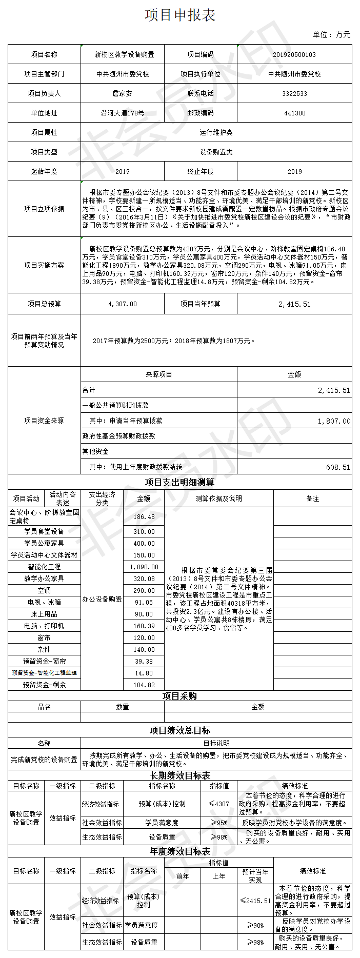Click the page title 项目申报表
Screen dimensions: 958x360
[x=179, y=15]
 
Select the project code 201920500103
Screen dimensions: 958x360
[x=294, y=55]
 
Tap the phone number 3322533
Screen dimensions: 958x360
[x=294, y=94]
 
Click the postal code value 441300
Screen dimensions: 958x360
[x=294, y=113]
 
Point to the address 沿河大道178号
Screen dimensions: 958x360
[x=123, y=113]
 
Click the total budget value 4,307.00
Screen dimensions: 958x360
[x=123, y=304]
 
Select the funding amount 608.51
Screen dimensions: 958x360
[x=338, y=467]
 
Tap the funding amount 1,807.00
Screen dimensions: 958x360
[x=334, y=421]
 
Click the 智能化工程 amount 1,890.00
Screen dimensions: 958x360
[x=144, y=567]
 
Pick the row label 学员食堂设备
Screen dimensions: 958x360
[x=44, y=532]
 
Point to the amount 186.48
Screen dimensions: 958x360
[x=144, y=517]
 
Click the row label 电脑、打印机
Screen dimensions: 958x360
[x=44, y=626]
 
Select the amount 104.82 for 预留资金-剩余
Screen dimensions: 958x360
[x=144, y=685]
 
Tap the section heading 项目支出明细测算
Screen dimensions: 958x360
[x=179, y=482]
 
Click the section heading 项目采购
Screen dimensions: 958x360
[x=179, y=696]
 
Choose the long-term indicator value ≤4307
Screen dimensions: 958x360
[x=219, y=804]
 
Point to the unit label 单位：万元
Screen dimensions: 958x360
[x=331, y=35]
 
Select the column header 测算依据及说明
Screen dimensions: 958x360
[x=218, y=498]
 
